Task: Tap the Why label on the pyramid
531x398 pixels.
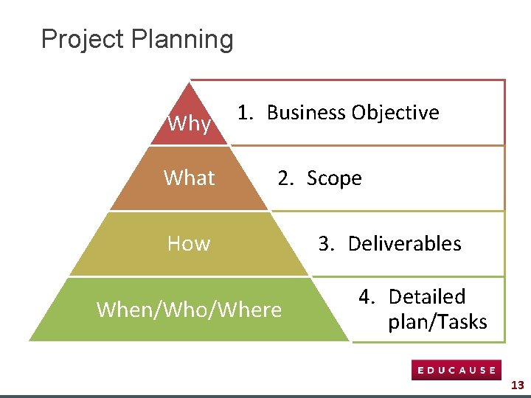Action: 189,124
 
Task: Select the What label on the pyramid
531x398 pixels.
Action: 190,178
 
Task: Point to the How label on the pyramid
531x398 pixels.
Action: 189,243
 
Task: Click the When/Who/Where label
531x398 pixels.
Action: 189,310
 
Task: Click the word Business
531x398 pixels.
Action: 306,113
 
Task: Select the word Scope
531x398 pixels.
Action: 334,178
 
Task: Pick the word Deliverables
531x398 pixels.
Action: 404,243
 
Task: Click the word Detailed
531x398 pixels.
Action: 427,297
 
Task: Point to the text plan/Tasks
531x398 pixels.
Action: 437,322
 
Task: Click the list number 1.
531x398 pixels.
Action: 245,113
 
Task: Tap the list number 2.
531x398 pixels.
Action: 285,178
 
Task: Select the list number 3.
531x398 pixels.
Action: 327,243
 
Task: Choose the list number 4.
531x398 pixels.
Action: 367,297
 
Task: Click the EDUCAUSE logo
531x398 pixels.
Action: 456,370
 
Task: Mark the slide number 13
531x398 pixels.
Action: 517,385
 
